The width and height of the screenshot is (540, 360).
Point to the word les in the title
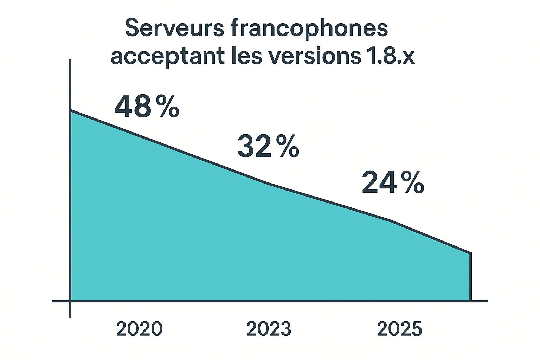point(246,56)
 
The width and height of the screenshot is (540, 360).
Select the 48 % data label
point(147,106)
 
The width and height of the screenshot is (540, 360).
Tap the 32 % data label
point(268,146)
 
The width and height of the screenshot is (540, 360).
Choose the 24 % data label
point(393,182)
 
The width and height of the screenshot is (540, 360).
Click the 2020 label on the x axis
point(139,329)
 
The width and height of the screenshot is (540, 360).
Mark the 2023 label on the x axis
point(269,329)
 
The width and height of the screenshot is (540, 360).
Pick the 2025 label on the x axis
point(399,329)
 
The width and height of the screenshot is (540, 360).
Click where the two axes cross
point(70,301)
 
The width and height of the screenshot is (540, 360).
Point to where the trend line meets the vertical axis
point(71,111)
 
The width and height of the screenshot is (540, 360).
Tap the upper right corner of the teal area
point(470,253)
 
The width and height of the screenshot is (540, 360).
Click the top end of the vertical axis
point(70,60)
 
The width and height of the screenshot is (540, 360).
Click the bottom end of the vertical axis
point(70,316)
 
